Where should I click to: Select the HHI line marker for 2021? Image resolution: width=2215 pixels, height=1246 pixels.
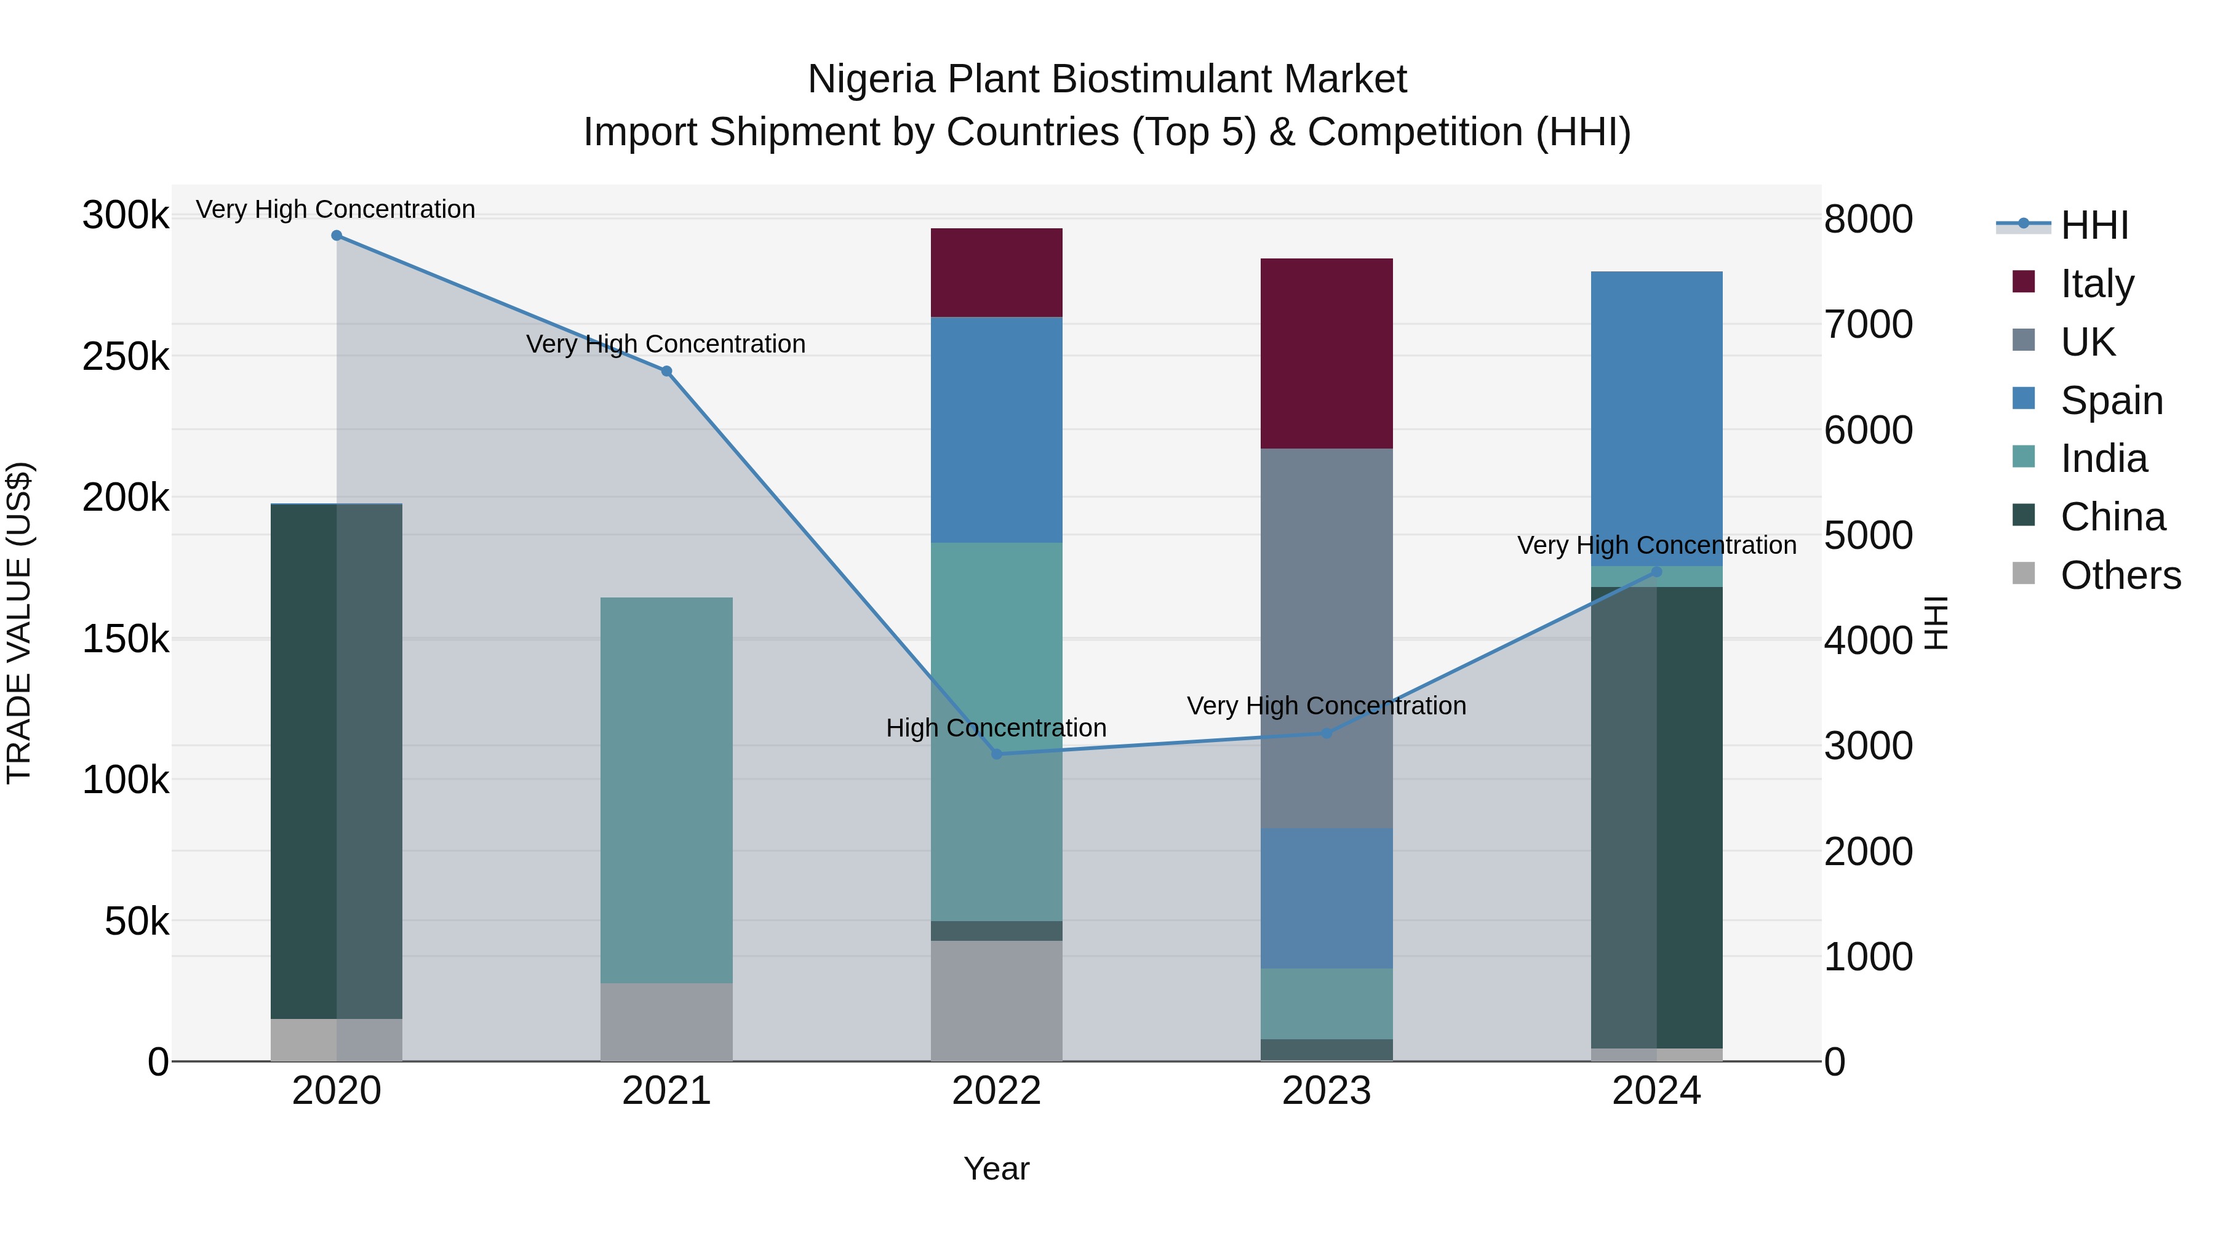666,372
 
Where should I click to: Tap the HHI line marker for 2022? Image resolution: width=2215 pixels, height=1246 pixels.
997,754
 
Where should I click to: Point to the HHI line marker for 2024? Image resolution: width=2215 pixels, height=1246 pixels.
1657,572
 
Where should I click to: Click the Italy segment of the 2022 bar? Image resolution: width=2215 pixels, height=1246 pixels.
997,273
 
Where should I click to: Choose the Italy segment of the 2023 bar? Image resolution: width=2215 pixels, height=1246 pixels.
1327,353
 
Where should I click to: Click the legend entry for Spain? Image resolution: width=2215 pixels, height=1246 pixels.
2112,401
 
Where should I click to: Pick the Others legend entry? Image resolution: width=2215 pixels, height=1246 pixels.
2120,575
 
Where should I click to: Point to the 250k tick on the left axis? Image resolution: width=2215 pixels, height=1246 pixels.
126,356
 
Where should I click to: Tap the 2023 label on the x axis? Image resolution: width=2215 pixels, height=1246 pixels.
1327,1091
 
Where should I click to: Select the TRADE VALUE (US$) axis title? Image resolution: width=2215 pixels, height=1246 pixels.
20,623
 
